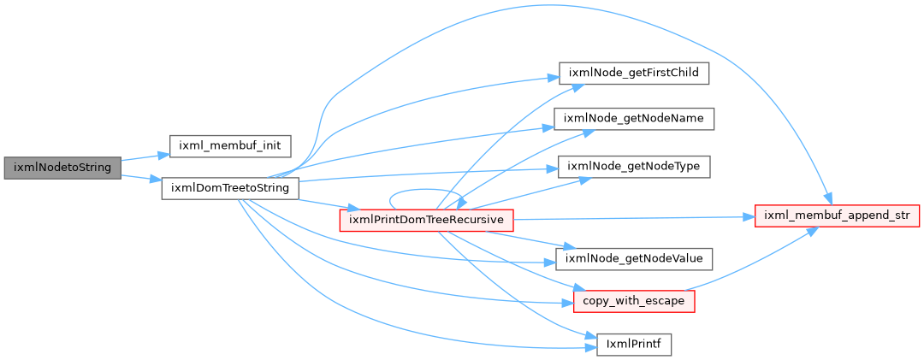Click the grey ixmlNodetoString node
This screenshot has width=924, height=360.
coord(62,168)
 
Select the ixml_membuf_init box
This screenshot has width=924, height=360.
coord(230,145)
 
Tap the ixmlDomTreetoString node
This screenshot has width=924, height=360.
coord(230,188)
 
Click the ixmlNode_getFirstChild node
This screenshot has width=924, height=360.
coord(633,73)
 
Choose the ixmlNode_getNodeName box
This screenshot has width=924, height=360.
coord(633,118)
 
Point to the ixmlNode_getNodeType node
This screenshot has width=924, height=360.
coord(633,167)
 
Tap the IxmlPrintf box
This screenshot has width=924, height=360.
coord(635,344)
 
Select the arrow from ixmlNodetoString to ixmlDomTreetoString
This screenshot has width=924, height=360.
coord(141,178)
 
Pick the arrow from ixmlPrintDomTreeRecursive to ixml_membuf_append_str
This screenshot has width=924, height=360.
coord(636,218)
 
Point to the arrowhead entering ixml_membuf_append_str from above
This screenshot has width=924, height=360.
coord(829,200)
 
